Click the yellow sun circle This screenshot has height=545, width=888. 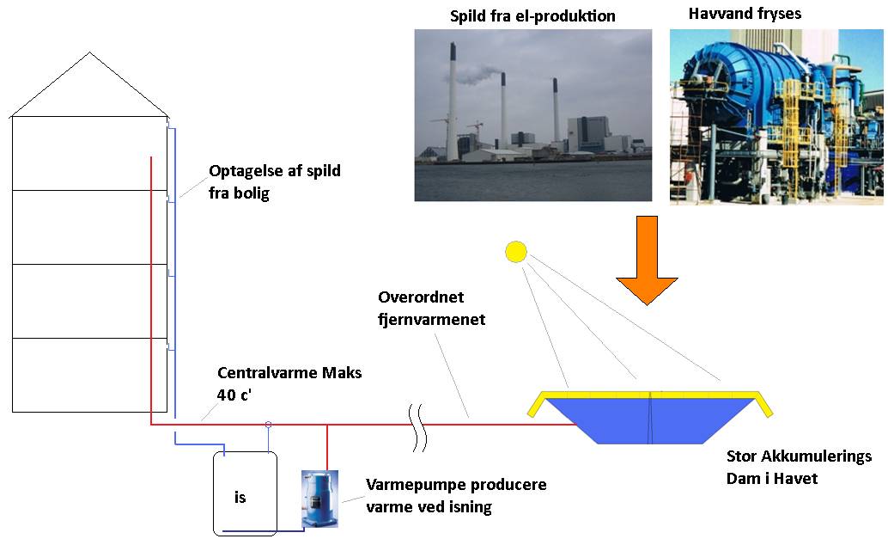tap(515, 252)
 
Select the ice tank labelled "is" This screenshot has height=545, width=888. tap(246, 493)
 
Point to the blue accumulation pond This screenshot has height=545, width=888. tap(650, 421)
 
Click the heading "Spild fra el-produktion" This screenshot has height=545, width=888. tap(533, 16)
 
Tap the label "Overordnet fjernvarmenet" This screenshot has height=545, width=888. tap(432, 308)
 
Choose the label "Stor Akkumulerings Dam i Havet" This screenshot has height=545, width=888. tap(799, 467)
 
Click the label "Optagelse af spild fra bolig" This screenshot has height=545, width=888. tap(274, 182)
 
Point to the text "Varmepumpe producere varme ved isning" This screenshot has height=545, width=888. tap(455, 496)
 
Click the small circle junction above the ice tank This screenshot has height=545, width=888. tap(268, 424)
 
